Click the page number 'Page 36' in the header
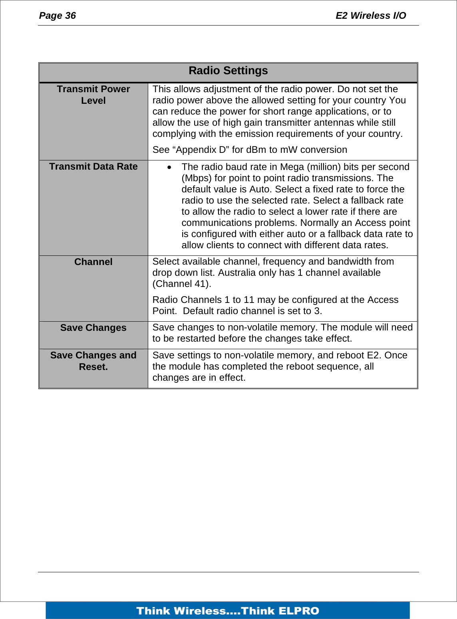pos(57,16)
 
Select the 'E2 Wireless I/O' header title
pos(370,16)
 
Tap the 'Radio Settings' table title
pos(228,71)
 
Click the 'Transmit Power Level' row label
pos(93,95)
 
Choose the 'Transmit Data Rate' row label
pos(93,166)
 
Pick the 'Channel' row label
pos(93,262)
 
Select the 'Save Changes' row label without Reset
pos(93,328)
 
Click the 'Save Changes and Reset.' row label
pos(93,361)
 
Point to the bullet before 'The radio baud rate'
pos(170,167)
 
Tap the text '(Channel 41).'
pos(182,284)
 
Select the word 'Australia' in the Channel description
pos(236,273)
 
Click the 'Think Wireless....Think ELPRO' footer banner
pos(228,611)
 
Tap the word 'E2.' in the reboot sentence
pos(374,355)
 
